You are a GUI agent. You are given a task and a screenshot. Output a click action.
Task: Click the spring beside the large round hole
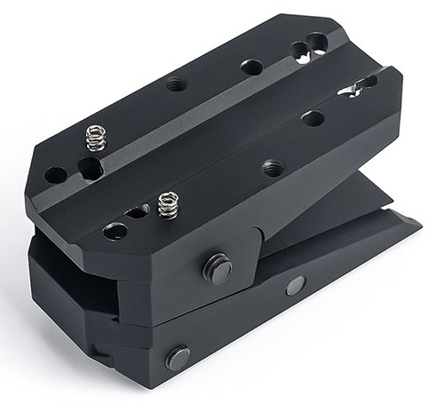pos(95,139)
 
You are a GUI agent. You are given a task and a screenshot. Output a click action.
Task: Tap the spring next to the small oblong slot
pos(167,204)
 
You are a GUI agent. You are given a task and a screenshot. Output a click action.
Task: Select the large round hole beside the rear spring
pos(90,168)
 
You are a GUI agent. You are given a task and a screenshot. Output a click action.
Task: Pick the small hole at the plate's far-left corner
pos(55,175)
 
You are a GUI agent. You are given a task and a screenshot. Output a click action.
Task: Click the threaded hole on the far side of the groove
pos(176,84)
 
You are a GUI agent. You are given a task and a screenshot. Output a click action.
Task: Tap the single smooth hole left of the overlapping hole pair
pos(252,67)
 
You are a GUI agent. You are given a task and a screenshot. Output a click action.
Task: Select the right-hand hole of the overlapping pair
pos(317,41)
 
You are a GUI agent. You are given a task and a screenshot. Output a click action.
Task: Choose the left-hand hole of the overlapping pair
pos(300,50)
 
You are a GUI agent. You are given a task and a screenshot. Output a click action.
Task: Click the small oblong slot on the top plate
pos(137,212)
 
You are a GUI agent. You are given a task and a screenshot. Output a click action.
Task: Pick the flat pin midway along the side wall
pos(294,285)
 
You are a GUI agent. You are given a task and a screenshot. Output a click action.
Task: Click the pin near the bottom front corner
pos(177,358)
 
